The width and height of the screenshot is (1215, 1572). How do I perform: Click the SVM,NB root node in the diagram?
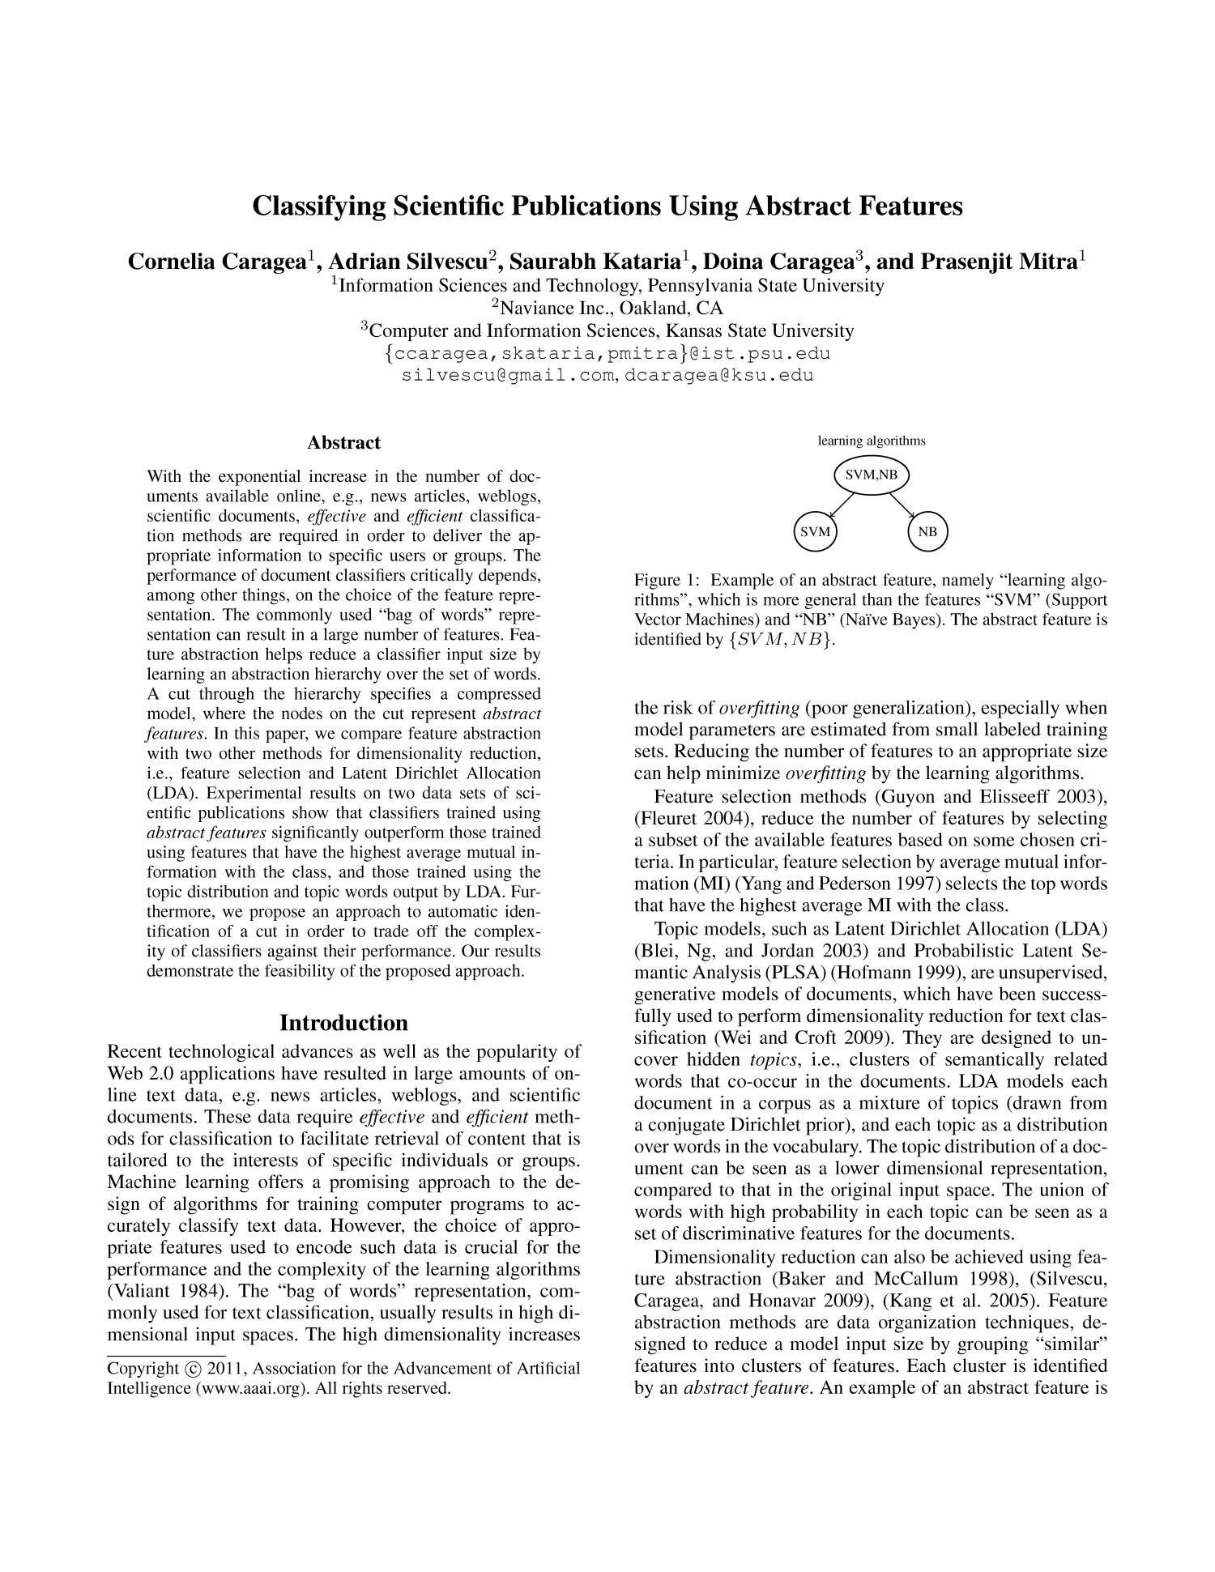click(x=872, y=475)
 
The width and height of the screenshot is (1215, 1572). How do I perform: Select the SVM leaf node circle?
click(x=815, y=532)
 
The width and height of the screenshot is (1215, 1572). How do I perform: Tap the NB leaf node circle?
click(x=927, y=532)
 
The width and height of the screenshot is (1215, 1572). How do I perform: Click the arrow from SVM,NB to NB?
click(x=902, y=504)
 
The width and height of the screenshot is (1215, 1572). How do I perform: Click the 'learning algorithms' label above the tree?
click(x=872, y=441)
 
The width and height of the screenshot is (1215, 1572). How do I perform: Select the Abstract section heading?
click(x=343, y=443)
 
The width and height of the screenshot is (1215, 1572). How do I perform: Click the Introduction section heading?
click(x=343, y=1023)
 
